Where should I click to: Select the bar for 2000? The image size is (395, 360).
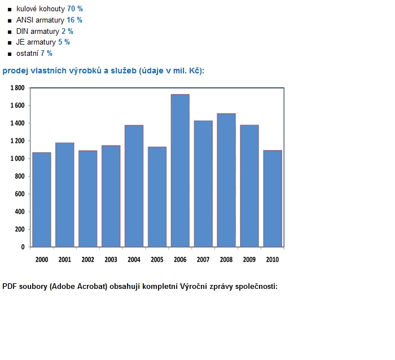[x=42, y=200]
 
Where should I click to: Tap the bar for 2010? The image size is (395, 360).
[x=273, y=199]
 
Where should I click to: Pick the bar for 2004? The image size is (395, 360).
[x=134, y=186]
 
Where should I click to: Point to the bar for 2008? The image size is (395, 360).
[x=226, y=180]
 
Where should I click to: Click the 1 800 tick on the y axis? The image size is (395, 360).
[x=17, y=88]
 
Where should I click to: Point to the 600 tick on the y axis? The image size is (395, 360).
[x=19, y=194]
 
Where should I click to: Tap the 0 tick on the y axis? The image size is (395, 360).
[x=23, y=247]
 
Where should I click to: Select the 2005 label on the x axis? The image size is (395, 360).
[x=157, y=260]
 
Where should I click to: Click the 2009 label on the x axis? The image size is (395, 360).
[x=249, y=260]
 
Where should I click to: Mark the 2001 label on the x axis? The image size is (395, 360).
[x=64, y=260]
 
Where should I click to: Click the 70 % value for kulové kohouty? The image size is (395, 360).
[x=75, y=9]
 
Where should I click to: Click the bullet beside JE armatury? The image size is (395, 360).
[x=10, y=43]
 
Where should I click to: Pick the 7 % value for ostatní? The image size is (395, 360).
[x=46, y=54]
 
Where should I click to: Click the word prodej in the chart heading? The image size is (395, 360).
[x=14, y=71]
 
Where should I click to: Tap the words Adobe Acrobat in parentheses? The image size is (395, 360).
[x=75, y=287]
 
